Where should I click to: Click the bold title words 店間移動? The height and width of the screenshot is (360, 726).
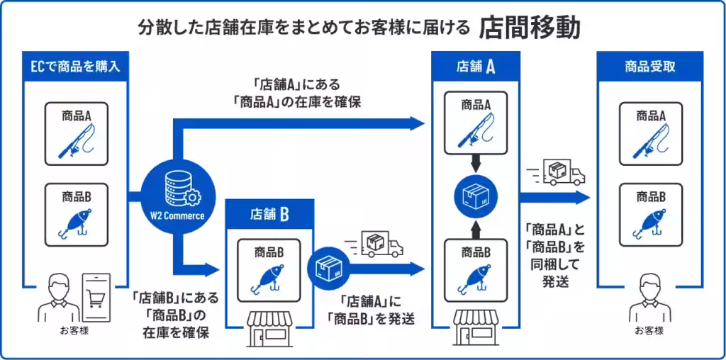529,28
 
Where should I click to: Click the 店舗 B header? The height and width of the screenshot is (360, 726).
270,214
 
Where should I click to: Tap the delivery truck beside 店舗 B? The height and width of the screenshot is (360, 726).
374,244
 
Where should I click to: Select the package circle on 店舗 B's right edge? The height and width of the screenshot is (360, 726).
328,269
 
